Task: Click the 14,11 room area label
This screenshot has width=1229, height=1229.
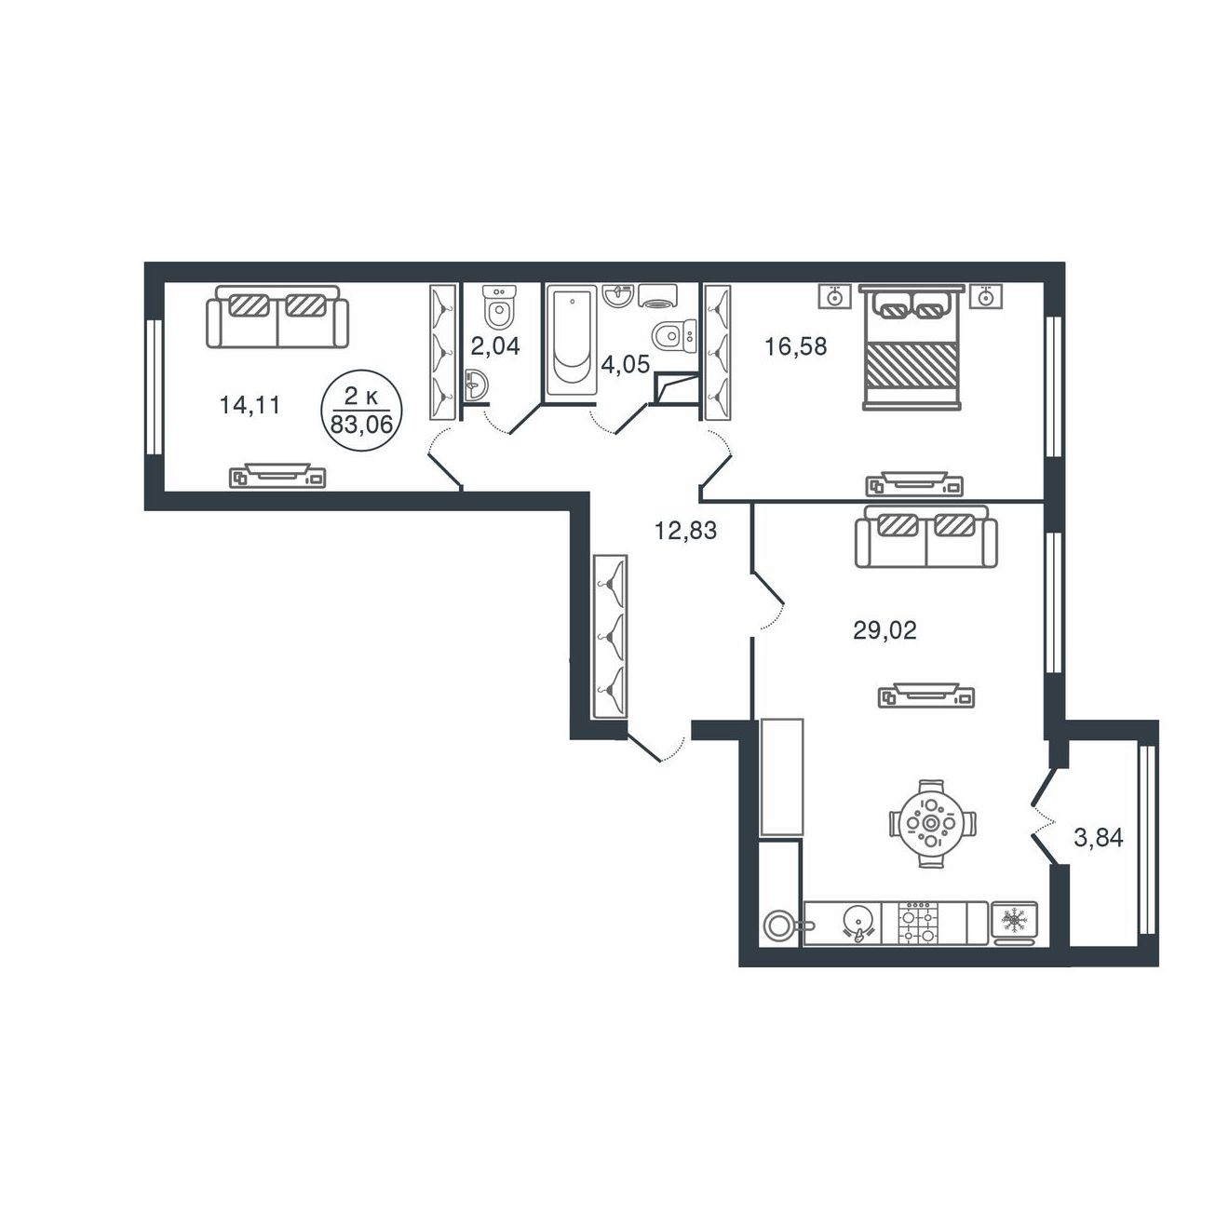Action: pos(250,405)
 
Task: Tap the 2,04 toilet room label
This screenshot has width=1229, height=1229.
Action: pos(495,346)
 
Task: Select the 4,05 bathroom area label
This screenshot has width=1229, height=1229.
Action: pos(625,365)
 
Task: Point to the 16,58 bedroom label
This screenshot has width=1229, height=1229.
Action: pos(796,347)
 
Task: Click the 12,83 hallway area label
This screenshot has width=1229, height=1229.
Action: pos(685,530)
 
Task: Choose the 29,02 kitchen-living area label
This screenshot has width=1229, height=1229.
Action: pos(885,630)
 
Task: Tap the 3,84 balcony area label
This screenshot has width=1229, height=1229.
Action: pos(1099,837)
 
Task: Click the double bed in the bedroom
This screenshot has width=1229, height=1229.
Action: pos(911,347)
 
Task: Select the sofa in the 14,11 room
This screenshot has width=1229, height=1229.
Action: pos(277,317)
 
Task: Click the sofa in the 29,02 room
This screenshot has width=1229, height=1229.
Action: pos(925,536)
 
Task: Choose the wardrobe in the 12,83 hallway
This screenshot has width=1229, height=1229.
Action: pos(610,638)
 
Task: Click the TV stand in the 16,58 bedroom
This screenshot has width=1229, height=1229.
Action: pos(914,483)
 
